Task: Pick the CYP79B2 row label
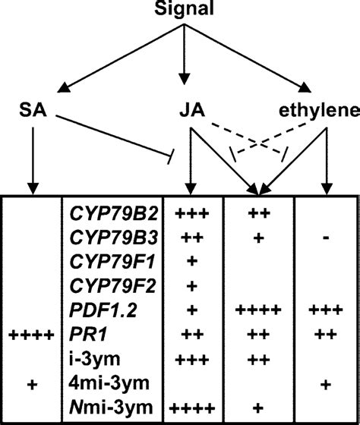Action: [106, 214]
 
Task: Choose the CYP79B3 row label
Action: [106, 238]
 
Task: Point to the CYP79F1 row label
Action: [106, 262]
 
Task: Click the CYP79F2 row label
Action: [106, 285]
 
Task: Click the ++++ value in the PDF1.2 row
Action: [261, 310]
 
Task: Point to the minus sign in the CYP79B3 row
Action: [326, 238]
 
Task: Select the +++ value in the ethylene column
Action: [326, 310]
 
